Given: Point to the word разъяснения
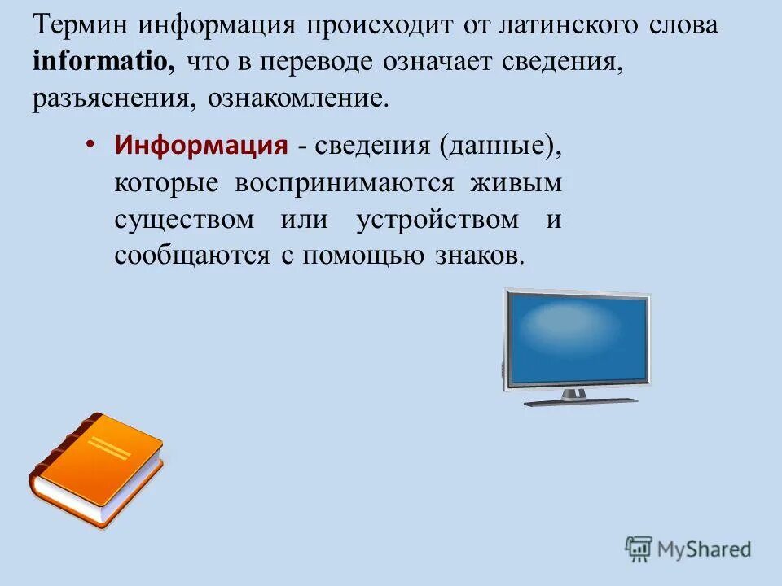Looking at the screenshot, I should pos(112,99).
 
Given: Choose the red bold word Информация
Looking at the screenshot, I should pos(201,146).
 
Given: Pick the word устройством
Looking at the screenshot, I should pos(437,220).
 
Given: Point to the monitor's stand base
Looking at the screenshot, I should pos(580,400).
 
